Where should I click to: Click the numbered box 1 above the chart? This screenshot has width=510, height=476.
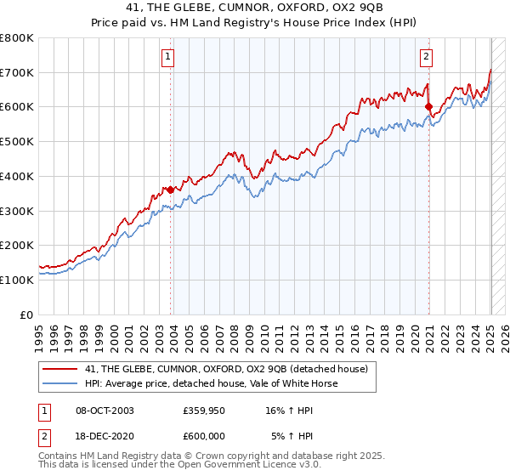click(168, 58)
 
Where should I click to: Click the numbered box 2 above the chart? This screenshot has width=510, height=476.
click(425, 58)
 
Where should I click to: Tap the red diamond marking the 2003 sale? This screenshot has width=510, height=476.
click(171, 190)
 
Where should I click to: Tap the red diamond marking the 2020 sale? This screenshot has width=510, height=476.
click(428, 107)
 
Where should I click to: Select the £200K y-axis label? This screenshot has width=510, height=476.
click(17, 245)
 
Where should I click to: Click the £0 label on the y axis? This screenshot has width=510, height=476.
click(27, 314)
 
